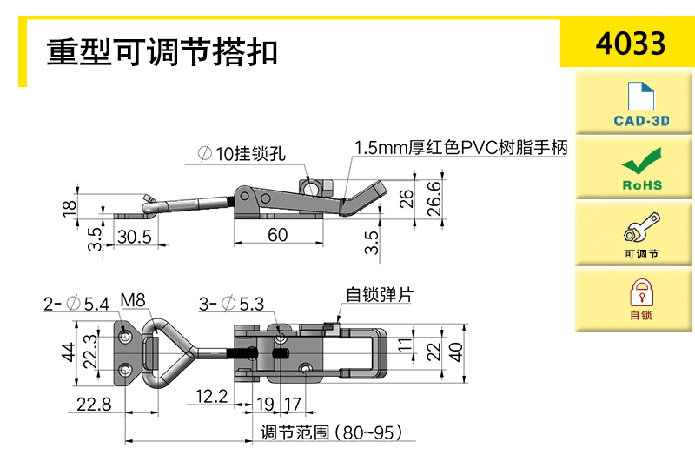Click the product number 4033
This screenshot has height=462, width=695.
pos(631,43)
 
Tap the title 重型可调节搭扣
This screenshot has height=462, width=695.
pos(162,52)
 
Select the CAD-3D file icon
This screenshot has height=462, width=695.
pos(642,96)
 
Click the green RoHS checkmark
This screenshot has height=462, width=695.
pos(642,162)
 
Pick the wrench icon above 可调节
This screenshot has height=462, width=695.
pos(641,230)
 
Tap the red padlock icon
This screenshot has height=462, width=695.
pos(641,289)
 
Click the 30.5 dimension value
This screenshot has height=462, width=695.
pos(134,236)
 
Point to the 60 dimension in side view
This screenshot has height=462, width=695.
pos(278,235)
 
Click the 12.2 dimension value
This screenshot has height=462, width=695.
pos(210,397)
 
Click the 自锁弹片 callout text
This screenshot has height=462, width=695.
pos(379,294)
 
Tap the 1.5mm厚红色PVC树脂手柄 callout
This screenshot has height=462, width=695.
pos(460,148)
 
